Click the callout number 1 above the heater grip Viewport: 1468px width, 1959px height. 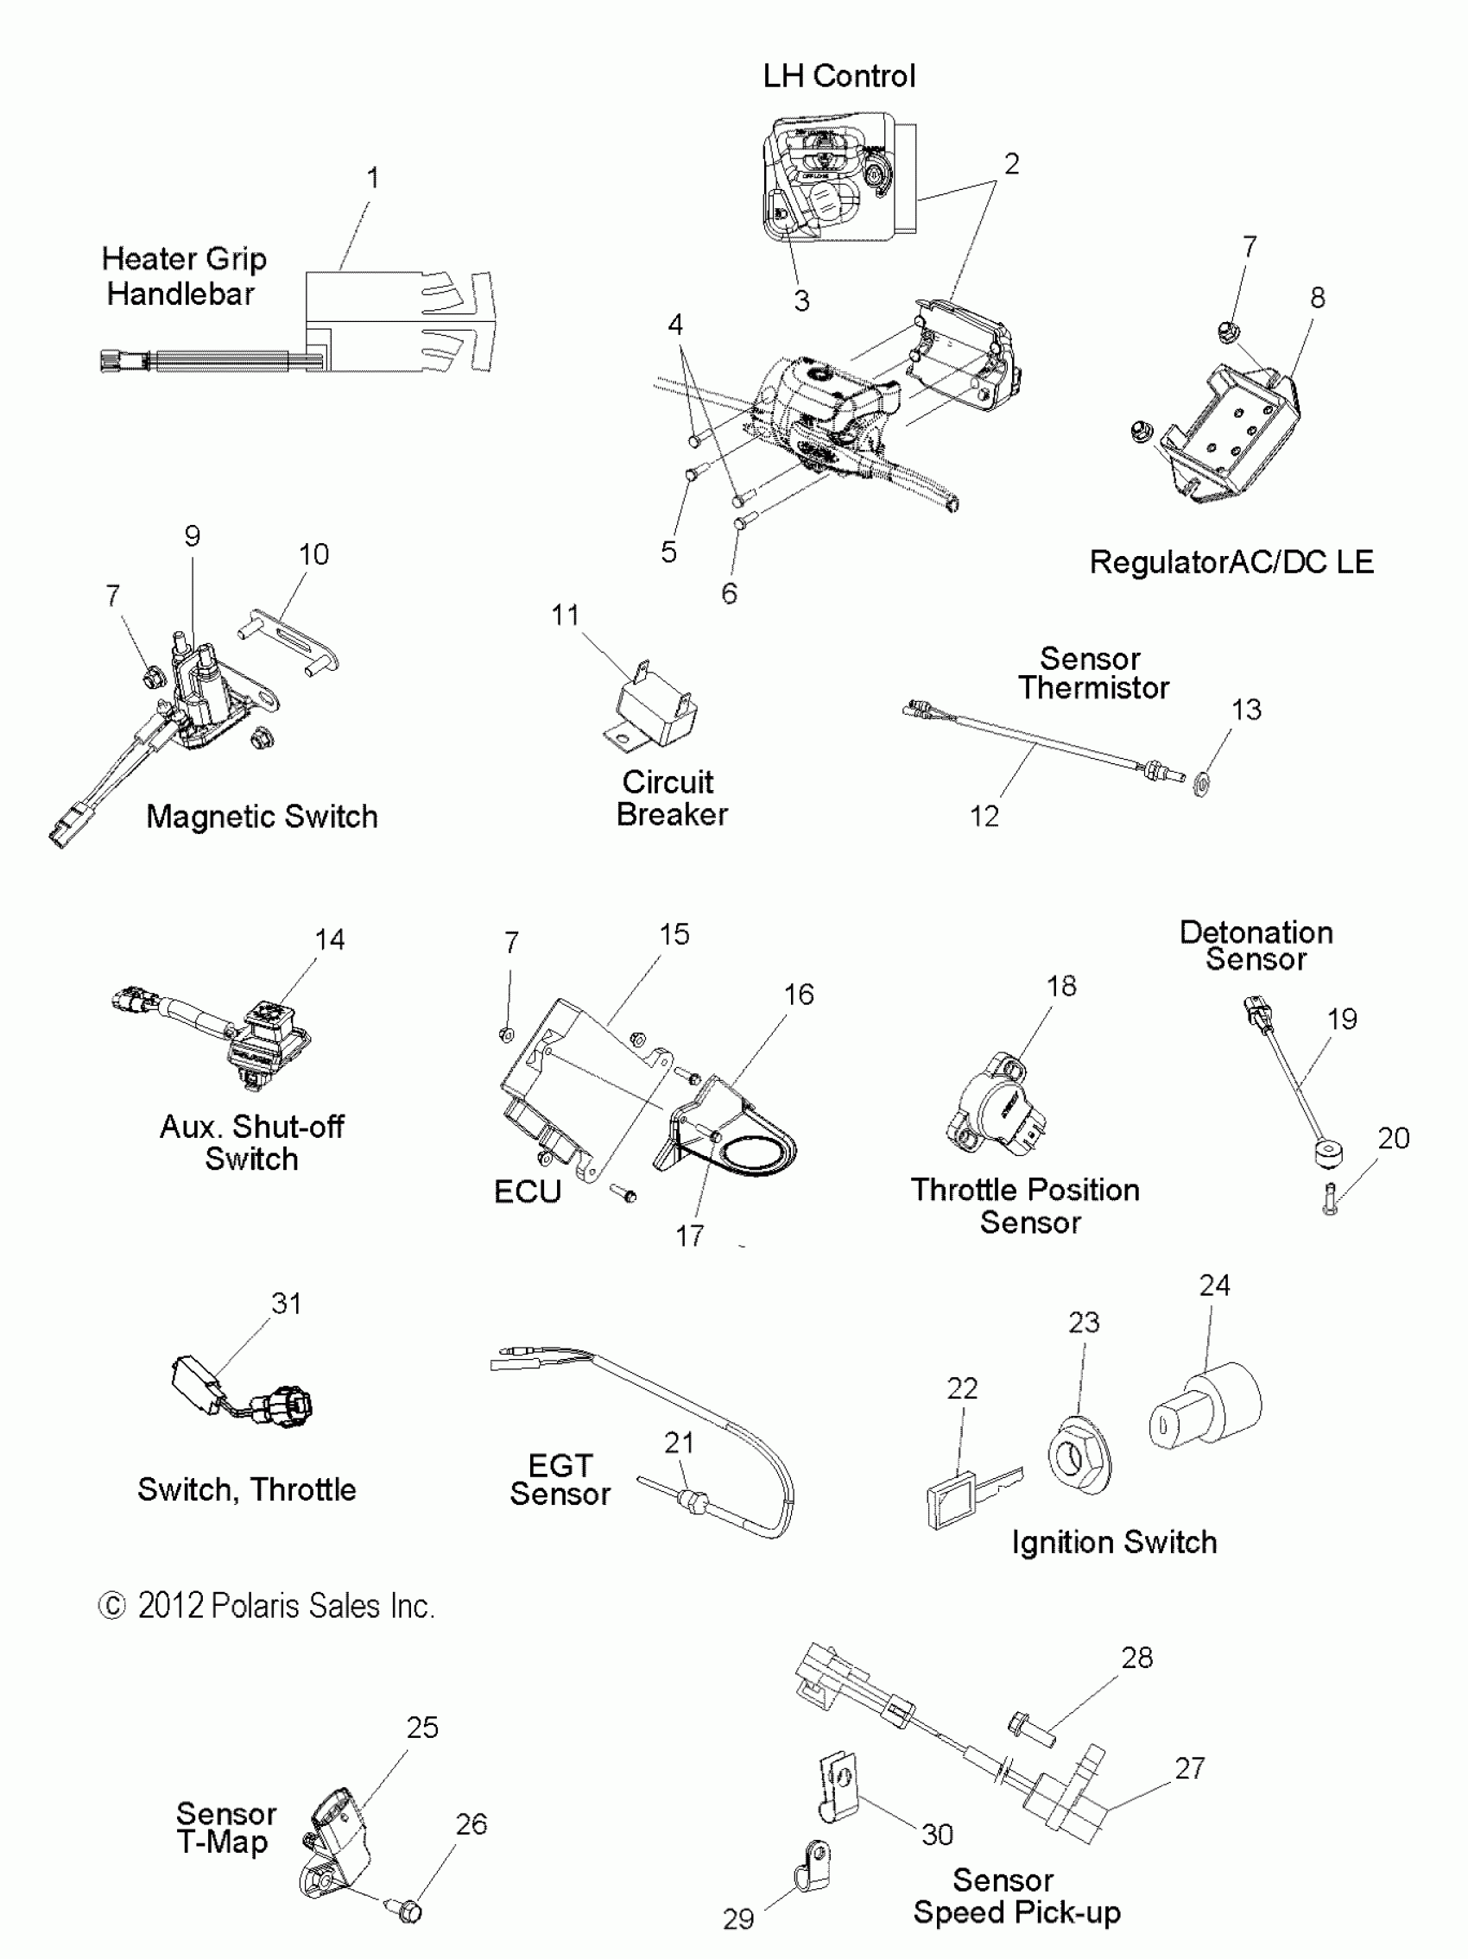point(373,178)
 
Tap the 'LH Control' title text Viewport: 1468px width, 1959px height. point(838,76)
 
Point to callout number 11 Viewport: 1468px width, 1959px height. point(566,615)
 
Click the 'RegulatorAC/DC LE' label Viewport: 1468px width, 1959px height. point(1231,561)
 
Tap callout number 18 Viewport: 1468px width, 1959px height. point(1061,986)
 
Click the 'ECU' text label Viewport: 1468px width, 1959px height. point(527,1192)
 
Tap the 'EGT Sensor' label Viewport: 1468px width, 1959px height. point(560,1480)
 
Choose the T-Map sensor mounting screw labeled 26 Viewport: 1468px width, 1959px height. point(405,1910)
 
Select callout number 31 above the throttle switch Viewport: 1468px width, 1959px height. point(286,1303)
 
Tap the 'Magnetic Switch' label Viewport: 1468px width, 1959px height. point(262,816)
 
